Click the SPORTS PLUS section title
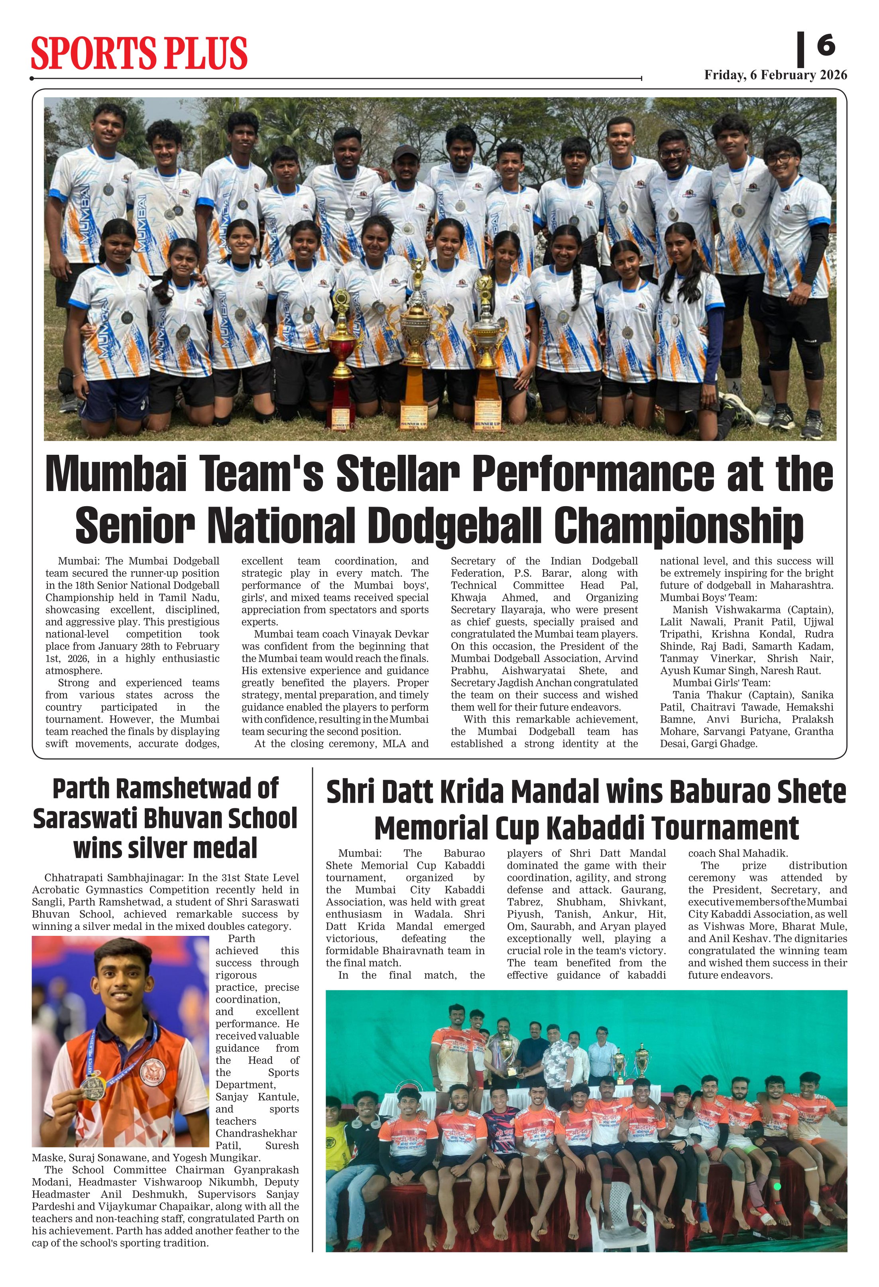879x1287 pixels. [x=138, y=53]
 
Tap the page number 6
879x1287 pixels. [x=825, y=45]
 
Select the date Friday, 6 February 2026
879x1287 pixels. [x=775, y=75]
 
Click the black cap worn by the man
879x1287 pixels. [x=405, y=152]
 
